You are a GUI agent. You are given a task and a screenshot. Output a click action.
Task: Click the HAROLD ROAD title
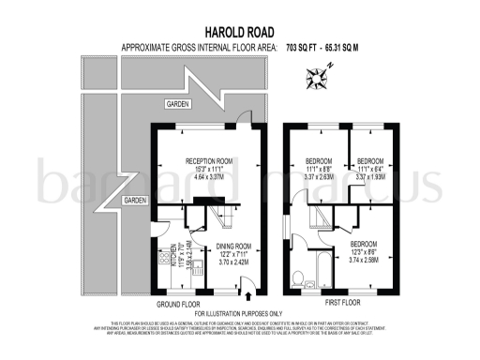tap(239, 30)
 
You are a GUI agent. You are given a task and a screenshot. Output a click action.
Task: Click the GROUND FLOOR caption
tap(178, 305)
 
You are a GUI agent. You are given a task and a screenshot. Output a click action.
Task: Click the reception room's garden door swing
tap(244, 120)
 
